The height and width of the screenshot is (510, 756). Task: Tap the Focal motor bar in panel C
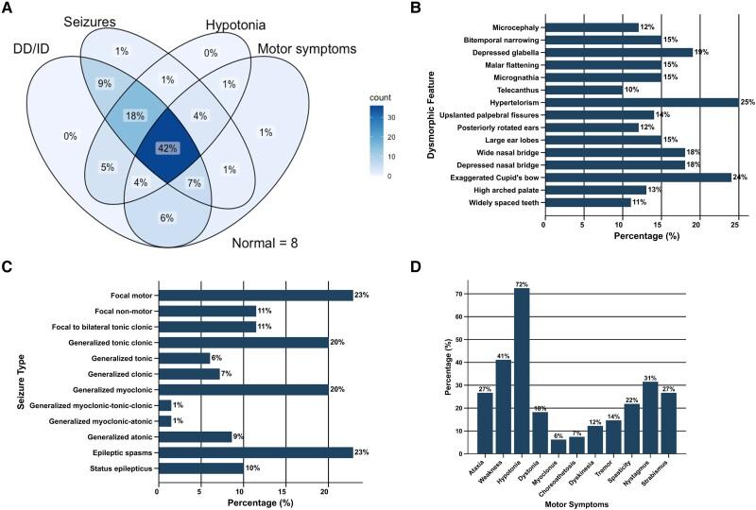tap(255, 296)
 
